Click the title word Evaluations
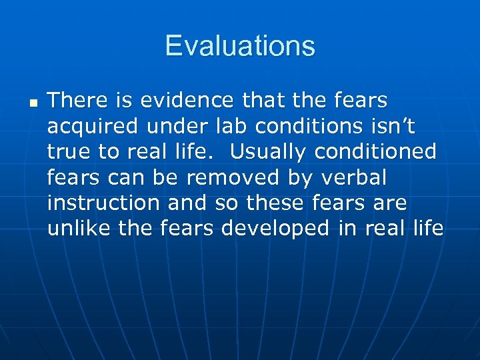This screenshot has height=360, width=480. click(x=240, y=46)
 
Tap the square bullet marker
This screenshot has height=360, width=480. click(x=33, y=103)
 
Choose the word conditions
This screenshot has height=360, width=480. click(x=303, y=126)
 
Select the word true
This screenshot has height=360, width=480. click(x=69, y=151)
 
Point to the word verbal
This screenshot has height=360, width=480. click(x=357, y=177)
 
